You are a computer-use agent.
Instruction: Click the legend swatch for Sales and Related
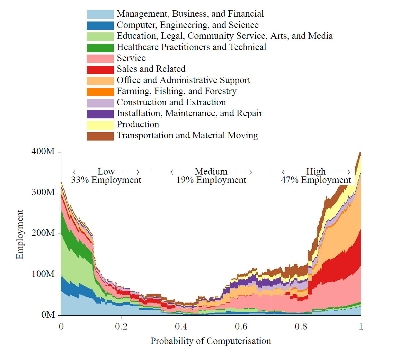pos(100,70)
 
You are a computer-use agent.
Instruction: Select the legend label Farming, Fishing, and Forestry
pos(176,91)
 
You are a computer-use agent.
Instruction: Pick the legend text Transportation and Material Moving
pos(187,135)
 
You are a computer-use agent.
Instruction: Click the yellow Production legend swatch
pos(100,125)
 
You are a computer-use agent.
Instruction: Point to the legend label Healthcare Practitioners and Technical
pos(191,47)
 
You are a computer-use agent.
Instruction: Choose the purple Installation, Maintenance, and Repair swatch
pos(100,114)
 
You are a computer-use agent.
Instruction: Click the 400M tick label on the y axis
pos(43,151)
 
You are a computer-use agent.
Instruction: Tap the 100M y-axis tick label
pos(43,274)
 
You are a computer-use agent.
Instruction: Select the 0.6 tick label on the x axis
pos(241,327)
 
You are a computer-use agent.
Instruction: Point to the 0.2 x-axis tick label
pos(121,327)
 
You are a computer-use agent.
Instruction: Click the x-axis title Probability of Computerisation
pos(210,341)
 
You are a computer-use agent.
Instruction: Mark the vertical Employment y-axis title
pos(20,234)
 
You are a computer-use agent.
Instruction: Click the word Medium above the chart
pos(211,171)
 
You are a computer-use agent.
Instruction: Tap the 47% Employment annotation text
pos(316,180)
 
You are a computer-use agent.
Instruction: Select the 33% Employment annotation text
pos(106,180)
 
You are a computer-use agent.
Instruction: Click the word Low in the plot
pos(106,171)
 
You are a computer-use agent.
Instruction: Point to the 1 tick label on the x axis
pos(361,327)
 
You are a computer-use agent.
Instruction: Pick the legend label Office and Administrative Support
pos(183,80)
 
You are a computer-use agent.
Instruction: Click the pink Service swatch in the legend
pos(100,59)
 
